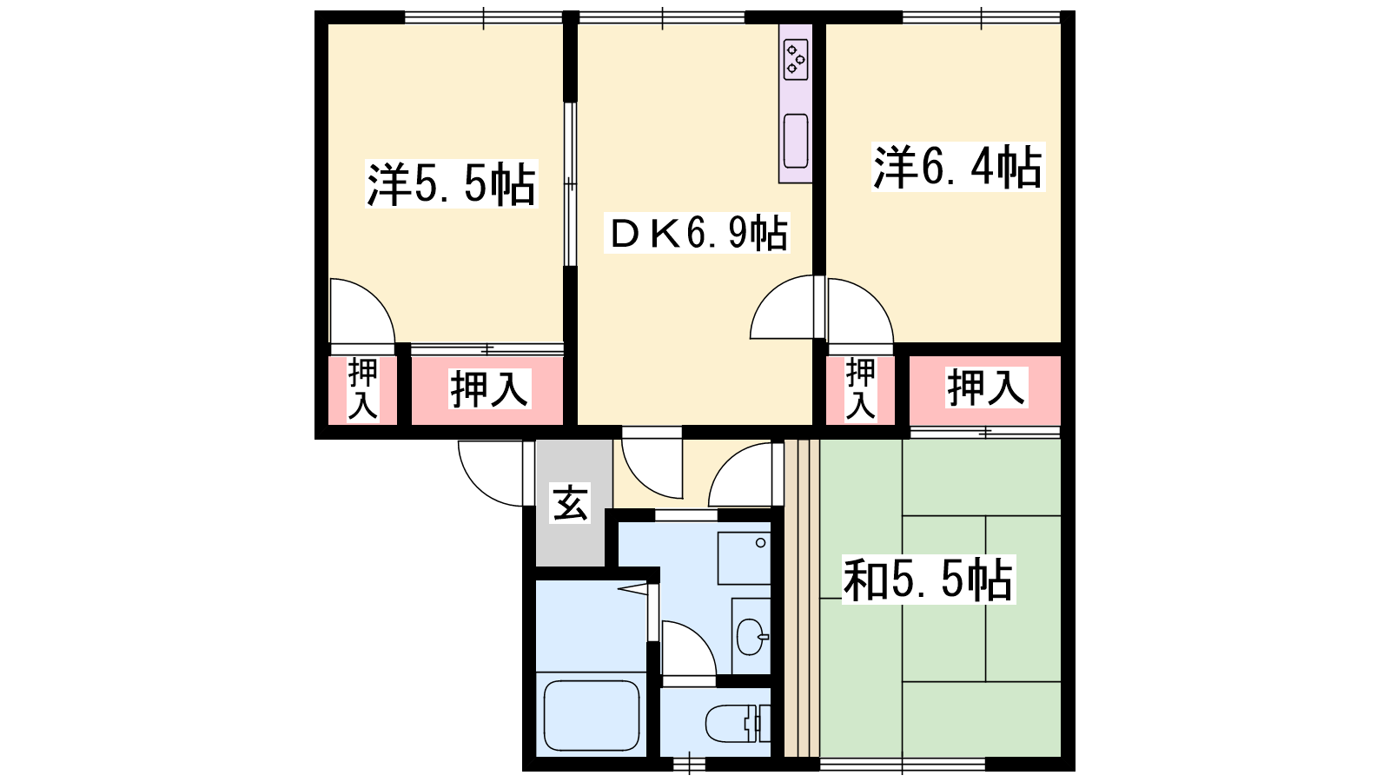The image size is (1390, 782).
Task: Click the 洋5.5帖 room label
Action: [x=451, y=184]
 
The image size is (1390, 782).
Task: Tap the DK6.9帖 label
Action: [x=697, y=234]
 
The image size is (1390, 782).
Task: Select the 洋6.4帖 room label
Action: [x=957, y=167]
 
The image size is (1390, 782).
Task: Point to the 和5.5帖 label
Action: [x=928, y=580]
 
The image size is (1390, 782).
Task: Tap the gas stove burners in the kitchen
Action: [x=796, y=60]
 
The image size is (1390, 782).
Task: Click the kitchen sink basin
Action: [x=796, y=142]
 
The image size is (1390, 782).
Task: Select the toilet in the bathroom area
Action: [x=738, y=723]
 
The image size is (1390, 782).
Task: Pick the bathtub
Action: [x=592, y=716]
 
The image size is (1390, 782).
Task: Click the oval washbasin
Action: [x=751, y=637]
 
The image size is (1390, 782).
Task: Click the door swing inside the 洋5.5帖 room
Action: [x=361, y=311]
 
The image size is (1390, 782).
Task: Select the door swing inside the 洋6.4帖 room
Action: [x=860, y=311]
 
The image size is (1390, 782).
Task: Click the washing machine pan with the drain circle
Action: [x=744, y=558]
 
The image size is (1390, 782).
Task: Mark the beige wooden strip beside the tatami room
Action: [x=802, y=599]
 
